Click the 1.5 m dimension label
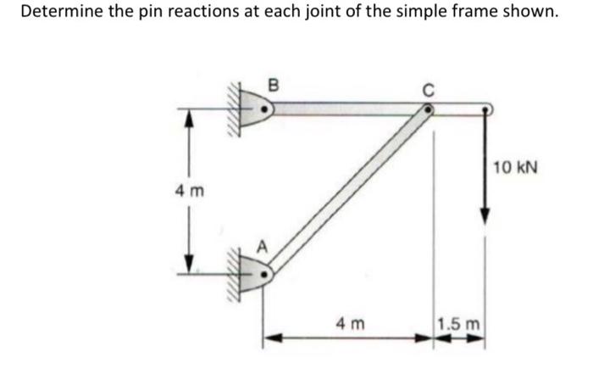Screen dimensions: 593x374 pos(458,323)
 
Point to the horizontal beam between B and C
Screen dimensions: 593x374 pos(347,109)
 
